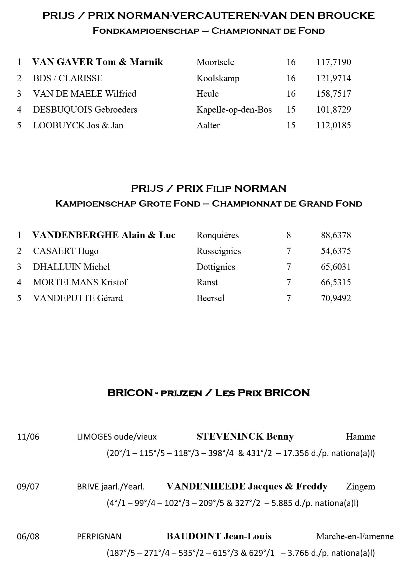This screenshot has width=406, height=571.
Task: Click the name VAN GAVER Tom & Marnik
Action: (97, 62)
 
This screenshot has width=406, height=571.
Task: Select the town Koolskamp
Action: (218, 78)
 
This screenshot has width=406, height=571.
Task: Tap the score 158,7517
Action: (334, 94)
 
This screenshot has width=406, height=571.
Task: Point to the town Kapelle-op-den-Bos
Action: (234, 110)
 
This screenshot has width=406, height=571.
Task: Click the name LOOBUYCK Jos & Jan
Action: (78, 125)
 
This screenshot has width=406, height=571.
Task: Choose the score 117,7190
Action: (334, 62)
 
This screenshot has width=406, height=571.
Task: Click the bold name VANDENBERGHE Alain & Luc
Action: (104, 235)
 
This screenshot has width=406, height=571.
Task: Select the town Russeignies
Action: (219, 251)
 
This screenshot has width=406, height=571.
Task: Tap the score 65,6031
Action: (336, 267)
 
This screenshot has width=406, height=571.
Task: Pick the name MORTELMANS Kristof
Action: (80, 282)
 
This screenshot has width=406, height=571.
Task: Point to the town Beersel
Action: (210, 298)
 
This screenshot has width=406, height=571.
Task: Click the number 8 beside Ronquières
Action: (289, 235)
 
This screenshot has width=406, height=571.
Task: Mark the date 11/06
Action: (28, 437)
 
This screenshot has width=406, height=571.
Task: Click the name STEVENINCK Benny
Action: (245, 437)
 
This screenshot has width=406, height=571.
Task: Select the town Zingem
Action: (360, 486)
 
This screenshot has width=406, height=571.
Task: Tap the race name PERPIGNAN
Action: (99, 536)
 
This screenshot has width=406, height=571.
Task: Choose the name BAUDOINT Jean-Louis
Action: (219, 536)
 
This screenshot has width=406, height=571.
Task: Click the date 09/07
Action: (28, 486)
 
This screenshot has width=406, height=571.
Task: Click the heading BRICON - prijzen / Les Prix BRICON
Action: (208, 393)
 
